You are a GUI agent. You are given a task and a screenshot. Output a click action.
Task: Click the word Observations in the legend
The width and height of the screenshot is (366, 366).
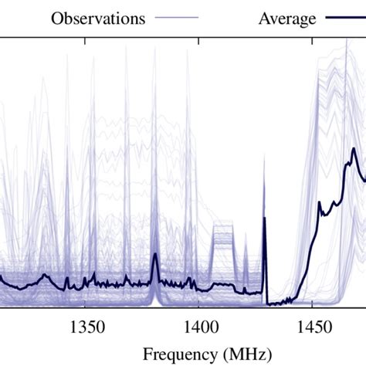click(97, 19)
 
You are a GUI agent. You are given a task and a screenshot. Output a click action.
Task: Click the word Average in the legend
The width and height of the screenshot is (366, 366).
click(286, 19)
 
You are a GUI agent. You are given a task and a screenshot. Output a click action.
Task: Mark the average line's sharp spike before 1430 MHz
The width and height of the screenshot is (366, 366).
click(264, 219)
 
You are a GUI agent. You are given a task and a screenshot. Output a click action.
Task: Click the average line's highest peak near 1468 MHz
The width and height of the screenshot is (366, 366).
click(353, 151)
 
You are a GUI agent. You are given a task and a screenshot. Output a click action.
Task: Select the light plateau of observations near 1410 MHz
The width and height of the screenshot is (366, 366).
click(223, 232)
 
